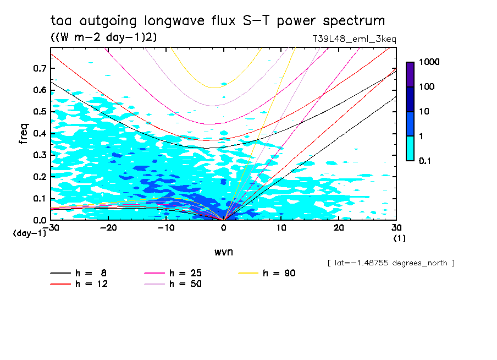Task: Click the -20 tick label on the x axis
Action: point(108,228)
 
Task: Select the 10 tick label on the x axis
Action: point(281,228)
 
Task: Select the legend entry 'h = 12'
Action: point(80,284)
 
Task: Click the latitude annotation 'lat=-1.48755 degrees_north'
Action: point(391,263)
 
